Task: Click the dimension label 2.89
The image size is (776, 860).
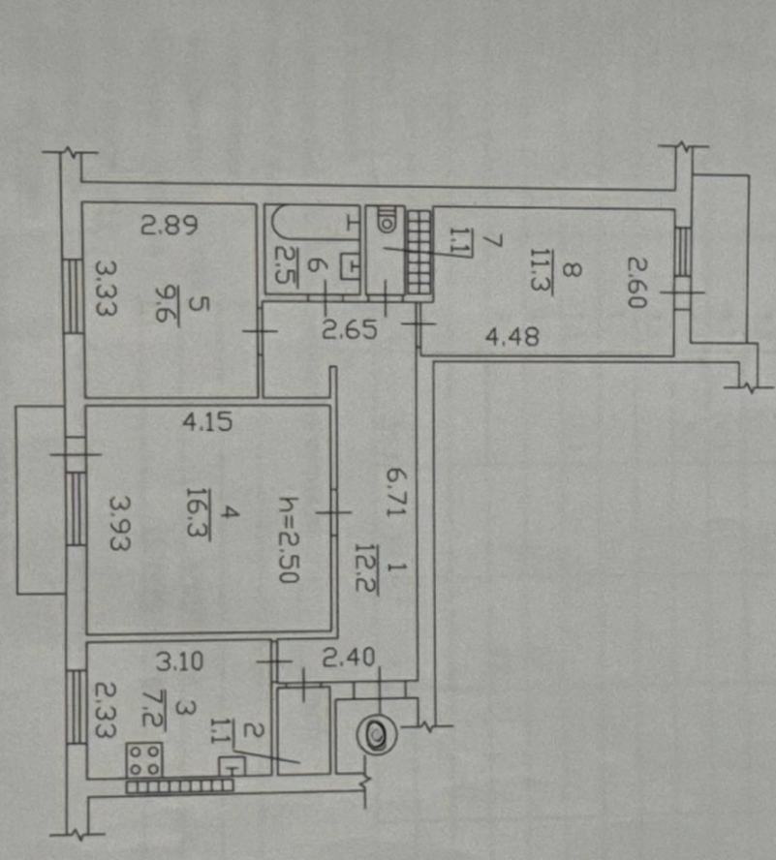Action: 169,225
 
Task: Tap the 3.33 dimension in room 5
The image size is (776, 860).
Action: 106,288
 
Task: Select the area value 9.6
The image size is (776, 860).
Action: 167,303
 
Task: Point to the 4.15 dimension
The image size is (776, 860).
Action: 207,422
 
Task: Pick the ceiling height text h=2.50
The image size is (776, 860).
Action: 289,539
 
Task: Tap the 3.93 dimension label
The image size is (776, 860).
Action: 119,523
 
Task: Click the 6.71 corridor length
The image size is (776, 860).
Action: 394,491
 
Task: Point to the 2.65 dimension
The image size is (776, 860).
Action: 349,330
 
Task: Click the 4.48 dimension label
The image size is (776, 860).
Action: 512,336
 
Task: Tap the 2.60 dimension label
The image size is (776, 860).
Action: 637,283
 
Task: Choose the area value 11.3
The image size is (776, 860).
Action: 542,270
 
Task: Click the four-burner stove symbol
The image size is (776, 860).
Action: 144,759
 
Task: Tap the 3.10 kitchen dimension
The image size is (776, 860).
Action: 179,662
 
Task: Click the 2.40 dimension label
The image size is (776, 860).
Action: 348,658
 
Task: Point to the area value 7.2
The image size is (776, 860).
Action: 153,709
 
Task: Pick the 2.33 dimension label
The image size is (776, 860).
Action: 105,710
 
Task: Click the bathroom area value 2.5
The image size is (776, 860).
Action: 285,265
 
